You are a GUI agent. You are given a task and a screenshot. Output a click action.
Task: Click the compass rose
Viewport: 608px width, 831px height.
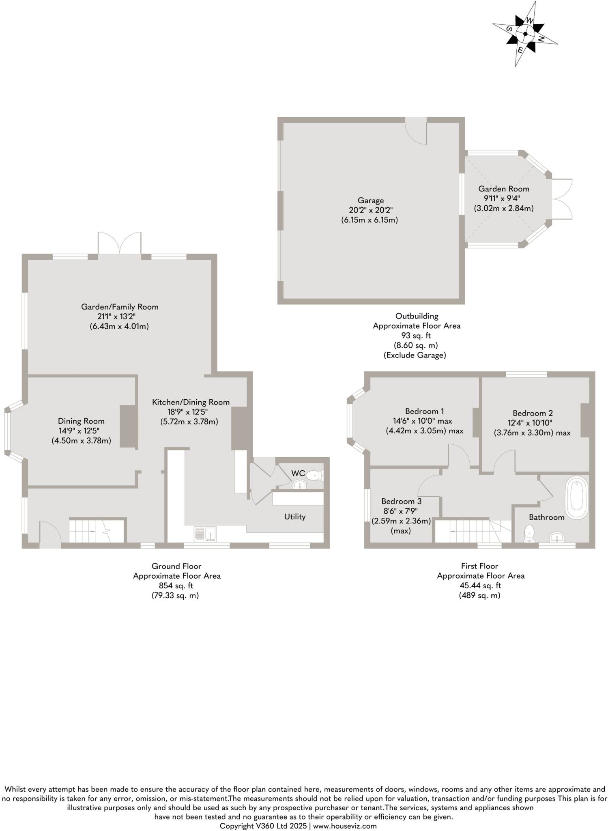pyautogui.click(x=525, y=34)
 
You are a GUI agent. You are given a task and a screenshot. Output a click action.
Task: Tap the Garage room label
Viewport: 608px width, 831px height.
pyautogui.click(x=370, y=200)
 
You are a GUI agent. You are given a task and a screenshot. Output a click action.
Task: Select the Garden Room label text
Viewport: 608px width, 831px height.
pyautogui.click(x=503, y=189)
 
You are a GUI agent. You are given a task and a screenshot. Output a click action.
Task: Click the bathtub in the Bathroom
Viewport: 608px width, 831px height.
pyautogui.click(x=577, y=498)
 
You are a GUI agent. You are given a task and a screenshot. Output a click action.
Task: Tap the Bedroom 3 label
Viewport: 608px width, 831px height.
pyautogui.click(x=398, y=502)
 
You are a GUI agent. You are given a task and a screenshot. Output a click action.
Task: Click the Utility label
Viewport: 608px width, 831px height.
pyautogui.click(x=294, y=517)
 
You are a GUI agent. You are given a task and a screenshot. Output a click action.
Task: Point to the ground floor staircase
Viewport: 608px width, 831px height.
pyautogui.click(x=97, y=531)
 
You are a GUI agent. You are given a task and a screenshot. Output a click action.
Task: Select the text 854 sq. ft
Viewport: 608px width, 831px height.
pyautogui.click(x=176, y=586)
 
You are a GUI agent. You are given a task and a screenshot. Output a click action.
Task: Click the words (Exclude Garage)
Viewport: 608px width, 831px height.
pyautogui.click(x=415, y=355)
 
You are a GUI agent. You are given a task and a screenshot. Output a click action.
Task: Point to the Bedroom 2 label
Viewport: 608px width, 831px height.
pyautogui.click(x=532, y=413)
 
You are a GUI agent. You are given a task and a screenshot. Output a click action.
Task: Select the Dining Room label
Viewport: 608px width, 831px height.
pyautogui.click(x=81, y=421)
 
